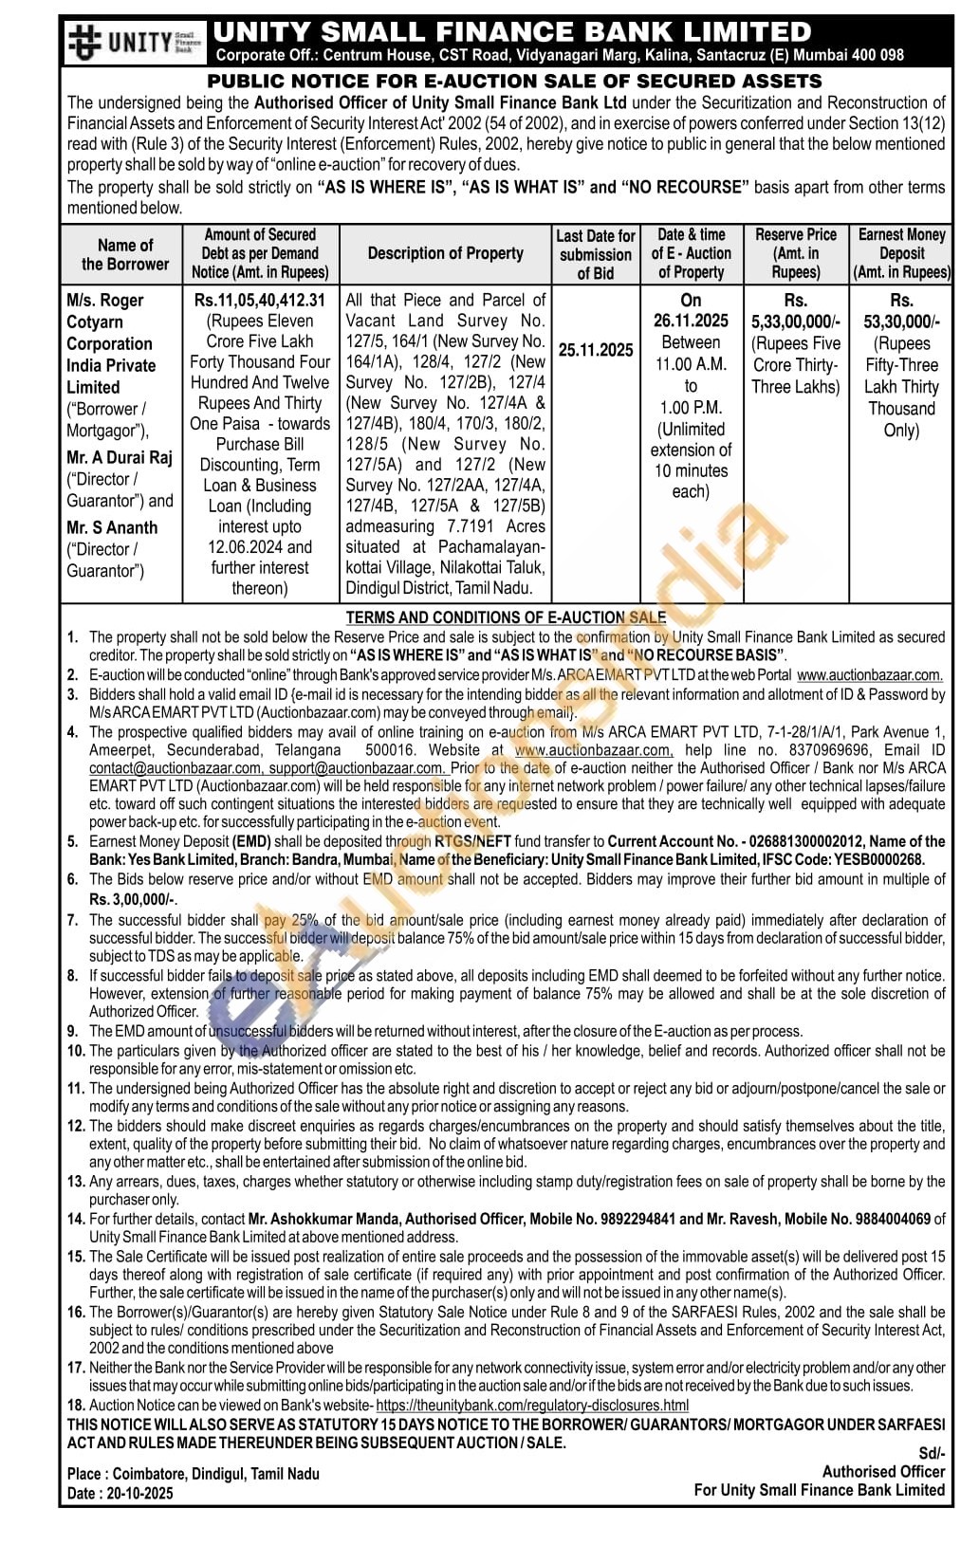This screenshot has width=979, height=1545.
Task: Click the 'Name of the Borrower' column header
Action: pyautogui.click(x=124, y=254)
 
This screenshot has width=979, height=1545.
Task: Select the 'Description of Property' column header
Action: pyautogui.click(x=445, y=253)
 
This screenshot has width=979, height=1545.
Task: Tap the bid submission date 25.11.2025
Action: pyautogui.click(x=595, y=350)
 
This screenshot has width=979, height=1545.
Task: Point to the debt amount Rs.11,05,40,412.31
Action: pyautogui.click(x=259, y=300)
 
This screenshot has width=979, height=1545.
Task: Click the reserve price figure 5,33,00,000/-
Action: pyautogui.click(x=795, y=322)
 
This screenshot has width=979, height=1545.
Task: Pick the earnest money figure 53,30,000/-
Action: pyautogui.click(x=901, y=322)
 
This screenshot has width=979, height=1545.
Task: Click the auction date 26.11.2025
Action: pyautogui.click(x=691, y=321)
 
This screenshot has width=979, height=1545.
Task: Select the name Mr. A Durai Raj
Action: pyautogui.click(x=120, y=458)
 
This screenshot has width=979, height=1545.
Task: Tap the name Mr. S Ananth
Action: pyautogui.click(x=112, y=527)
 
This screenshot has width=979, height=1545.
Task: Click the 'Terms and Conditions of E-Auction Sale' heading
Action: pyautogui.click(x=506, y=617)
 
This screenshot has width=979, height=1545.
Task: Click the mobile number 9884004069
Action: pyautogui.click(x=891, y=1219)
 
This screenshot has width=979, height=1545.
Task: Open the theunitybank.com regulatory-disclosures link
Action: pyautogui.click(x=532, y=1405)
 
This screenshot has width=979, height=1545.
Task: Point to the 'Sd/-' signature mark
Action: pyautogui.click(x=932, y=1453)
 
